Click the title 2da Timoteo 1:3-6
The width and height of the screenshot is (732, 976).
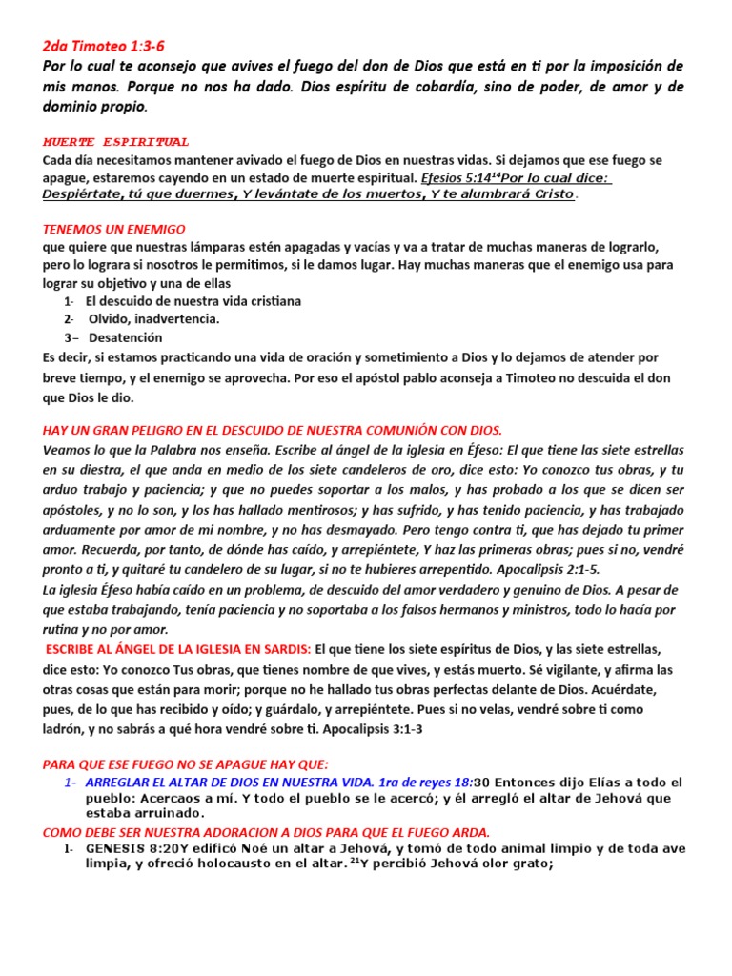pyautogui.click(x=111, y=46)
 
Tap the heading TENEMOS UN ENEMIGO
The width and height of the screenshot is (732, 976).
pyautogui.click(x=114, y=230)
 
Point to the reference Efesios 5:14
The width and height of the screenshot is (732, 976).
pyautogui.click(x=458, y=177)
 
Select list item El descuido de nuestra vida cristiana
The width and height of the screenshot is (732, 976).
pyautogui.click(x=193, y=301)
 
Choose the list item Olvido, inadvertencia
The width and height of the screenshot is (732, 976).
pyautogui.click(x=154, y=319)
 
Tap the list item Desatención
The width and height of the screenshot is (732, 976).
pyautogui.click(x=126, y=337)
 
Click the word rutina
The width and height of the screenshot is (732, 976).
pyautogui.click(x=65, y=629)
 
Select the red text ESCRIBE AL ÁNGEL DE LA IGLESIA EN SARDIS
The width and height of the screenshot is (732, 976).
pyautogui.click(x=178, y=648)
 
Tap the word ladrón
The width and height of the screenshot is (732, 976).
pyautogui.click(x=66, y=729)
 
